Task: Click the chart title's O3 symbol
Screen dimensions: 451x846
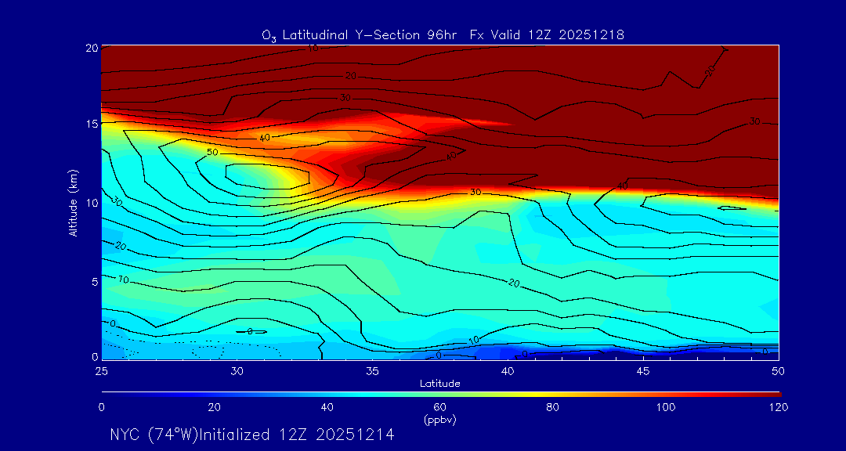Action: (x=269, y=35)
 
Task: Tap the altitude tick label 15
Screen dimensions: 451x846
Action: (x=91, y=124)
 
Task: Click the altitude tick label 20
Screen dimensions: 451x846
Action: (x=91, y=47)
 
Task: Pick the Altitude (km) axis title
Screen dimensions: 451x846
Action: (x=73, y=203)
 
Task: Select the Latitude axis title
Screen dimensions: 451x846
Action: (x=439, y=383)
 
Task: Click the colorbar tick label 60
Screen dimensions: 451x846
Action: (x=439, y=407)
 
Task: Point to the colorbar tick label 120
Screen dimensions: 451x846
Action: (x=778, y=407)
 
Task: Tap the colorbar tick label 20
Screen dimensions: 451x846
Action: (x=214, y=407)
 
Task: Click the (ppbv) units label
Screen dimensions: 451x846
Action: (x=439, y=420)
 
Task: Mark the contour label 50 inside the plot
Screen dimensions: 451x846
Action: (x=212, y=152)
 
